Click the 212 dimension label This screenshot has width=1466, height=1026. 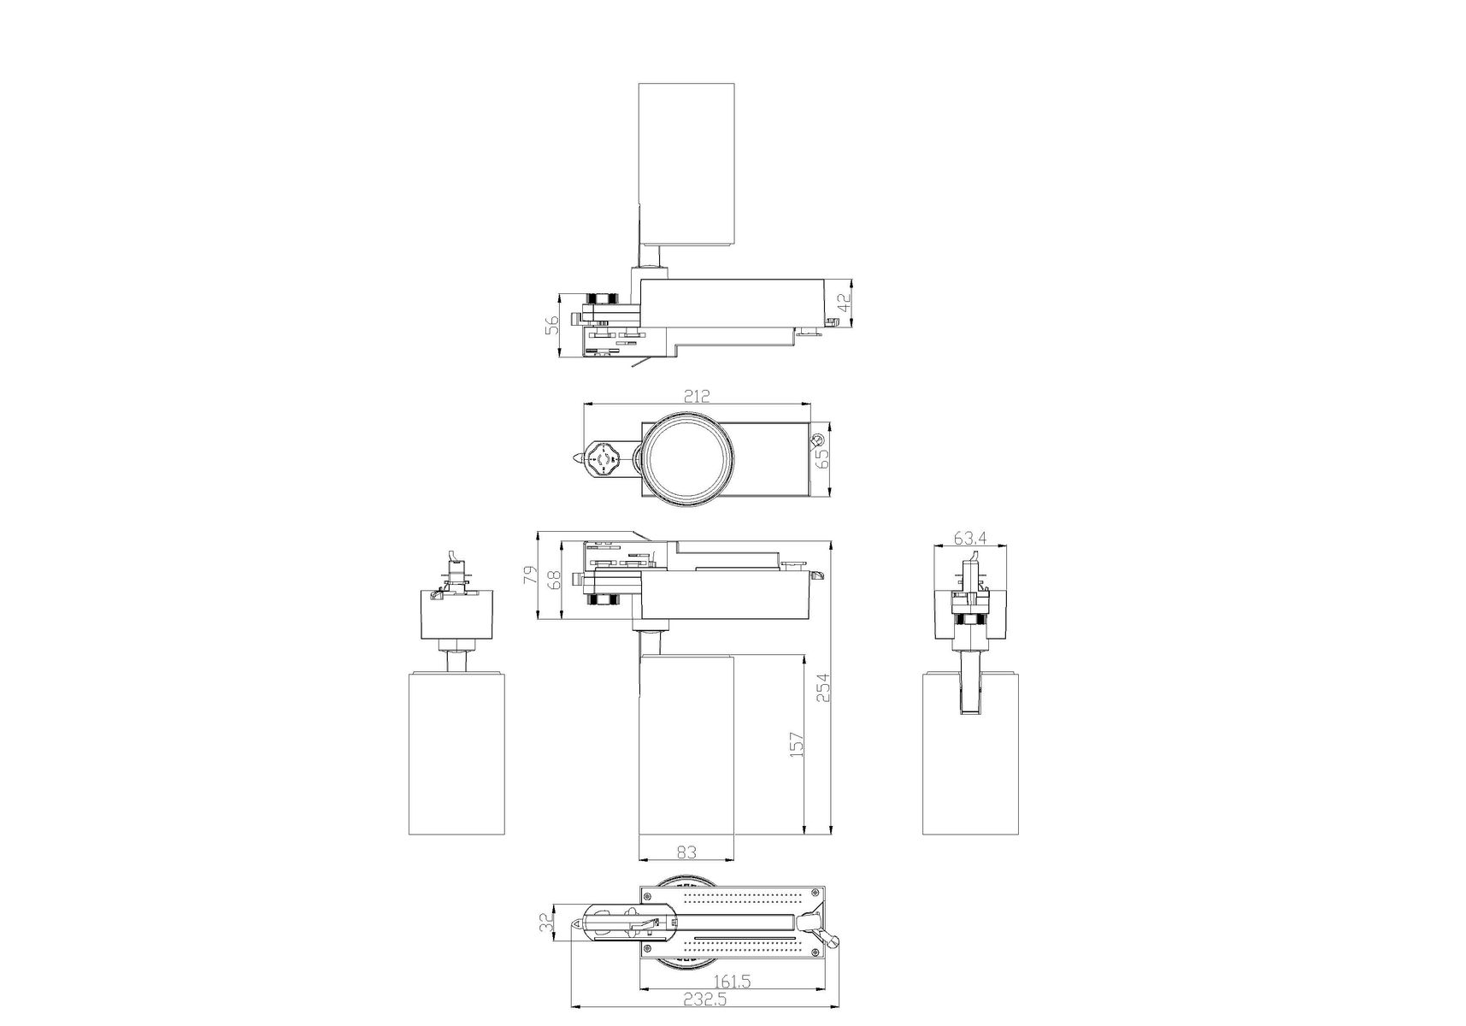pos(697,396)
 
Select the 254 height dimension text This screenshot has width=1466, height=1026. pos(822,687)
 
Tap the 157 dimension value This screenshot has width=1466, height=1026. pos(796,745)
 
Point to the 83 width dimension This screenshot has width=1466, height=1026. pos(686,852)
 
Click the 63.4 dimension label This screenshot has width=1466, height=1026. pos(970,538)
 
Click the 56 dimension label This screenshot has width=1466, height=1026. pos(552,324)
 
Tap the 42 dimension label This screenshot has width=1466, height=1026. pos(844,303)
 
